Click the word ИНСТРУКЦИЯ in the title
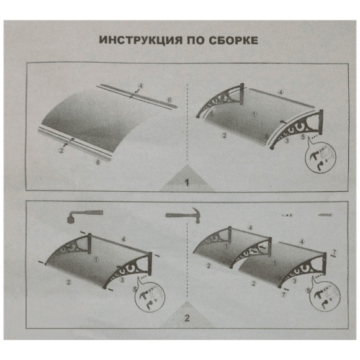click(140, 40)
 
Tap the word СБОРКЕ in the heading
click(233, 40)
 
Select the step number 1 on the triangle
click(187, 182)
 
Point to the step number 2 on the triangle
click(187, 318)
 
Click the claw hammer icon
click(183, 215)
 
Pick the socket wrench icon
click(84, 216)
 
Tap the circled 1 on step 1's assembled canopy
click(254, 114)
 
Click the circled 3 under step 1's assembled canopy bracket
click(287, 140)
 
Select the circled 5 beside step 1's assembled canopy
click(303, 137)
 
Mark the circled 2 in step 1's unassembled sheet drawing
click(61, 151)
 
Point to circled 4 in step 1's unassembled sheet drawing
click(140, 86)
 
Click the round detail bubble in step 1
click(321, 158)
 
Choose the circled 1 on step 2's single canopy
click(96, 259)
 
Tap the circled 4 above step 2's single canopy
click(124, 240)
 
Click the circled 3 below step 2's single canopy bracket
click(122, 280)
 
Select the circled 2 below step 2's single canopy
click(68, 282)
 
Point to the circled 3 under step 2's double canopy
click(295, 281)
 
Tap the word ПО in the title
click(196, 40)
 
